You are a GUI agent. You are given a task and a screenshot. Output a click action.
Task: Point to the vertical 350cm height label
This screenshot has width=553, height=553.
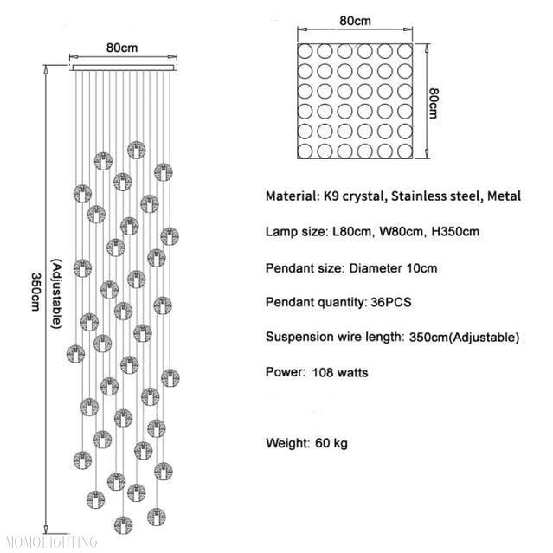[36, 293]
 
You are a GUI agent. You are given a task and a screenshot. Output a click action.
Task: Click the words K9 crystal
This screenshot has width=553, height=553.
[352, 196]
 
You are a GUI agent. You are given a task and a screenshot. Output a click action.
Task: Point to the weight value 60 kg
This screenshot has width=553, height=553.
[329, 443]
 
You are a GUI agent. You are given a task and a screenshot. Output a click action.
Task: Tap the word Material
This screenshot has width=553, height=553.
[292, 196]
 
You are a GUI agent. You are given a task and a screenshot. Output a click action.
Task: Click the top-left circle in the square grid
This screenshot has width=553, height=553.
[306, 51]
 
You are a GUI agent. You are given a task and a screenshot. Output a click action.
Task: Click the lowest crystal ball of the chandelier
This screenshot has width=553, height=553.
[125, 524]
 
